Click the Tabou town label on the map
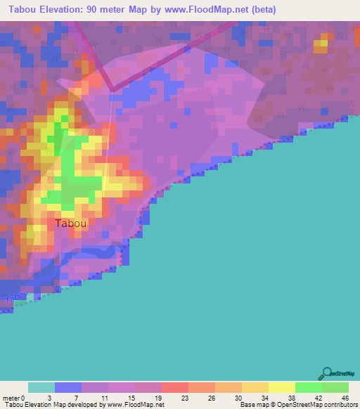tap(71, 223)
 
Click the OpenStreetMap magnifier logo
tap(327, 373)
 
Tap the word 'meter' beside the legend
tap(11, 398)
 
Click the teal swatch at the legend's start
tap(41, 387)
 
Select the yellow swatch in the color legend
tap(281, 387)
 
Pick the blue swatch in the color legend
tap(68, 387)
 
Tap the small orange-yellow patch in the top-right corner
tap(321, 44)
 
